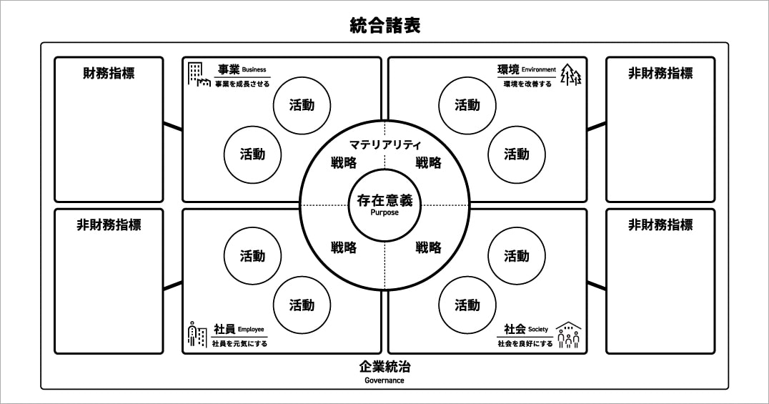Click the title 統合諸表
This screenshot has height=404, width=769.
(384, 25)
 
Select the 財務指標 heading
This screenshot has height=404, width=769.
(109, 74)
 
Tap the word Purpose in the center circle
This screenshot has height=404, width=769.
(384, 212)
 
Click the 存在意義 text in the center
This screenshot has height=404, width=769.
(384, 200)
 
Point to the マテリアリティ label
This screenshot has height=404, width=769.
(385, 145)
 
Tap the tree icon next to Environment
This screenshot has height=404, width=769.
(571, 75)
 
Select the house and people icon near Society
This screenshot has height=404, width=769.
(568, 335)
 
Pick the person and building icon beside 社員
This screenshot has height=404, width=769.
(197, 335)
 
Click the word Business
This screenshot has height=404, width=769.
(254, 69)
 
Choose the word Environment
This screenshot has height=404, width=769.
(538, 69)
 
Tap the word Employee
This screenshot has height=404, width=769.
(251, 330)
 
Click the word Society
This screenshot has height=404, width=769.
(538, 330)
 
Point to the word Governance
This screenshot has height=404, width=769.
(384, 380)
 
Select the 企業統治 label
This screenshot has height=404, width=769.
(384, 367)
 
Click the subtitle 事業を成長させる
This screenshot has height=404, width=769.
(242, 84)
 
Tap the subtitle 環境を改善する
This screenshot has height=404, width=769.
(527, 84)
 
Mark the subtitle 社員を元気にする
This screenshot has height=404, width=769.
(240, 344)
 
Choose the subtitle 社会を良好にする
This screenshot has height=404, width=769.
(525, 344)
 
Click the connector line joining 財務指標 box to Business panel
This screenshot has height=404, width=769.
(173, 127)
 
